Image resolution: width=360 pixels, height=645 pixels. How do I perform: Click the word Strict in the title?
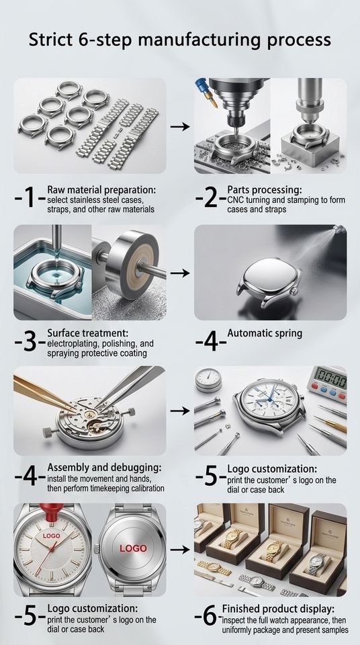[x=50, y=40]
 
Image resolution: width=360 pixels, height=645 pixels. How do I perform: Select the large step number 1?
[x=30, y=199]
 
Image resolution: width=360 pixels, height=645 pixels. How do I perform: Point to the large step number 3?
[x=30, y=343]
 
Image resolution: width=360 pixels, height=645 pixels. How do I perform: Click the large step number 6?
[x=210, y=616]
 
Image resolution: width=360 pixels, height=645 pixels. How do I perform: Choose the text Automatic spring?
[x=265, y=333]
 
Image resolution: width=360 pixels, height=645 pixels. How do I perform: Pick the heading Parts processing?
[x=265, y=189]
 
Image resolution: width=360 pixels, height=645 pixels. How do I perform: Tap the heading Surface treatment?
[x=88, y=333]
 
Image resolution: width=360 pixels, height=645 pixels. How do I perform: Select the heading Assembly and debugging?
[x=105, y=468]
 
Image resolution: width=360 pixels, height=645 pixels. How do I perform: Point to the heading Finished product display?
[x=279, y=609]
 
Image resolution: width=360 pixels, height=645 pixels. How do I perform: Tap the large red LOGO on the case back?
[x=133, y=548]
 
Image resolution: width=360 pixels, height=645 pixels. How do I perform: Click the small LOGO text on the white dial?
[x=51, y=536]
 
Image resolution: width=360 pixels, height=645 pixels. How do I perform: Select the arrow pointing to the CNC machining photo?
[x=180, y=127]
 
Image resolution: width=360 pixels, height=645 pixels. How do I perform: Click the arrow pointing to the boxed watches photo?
[x=180, y=550]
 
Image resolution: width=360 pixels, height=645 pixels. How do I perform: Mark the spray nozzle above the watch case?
[x=339, y=228]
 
